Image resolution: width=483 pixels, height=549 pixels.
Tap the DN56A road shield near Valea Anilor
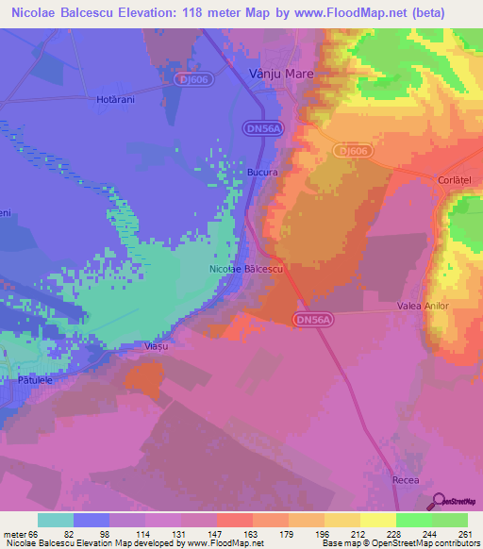[x=312, y=320]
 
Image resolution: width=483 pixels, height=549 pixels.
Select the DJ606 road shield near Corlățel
[x=351, y=150]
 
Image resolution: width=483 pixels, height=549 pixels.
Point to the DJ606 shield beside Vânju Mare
[x=192, y=80]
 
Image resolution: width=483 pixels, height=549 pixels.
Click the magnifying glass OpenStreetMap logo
[x=441, y=502]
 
